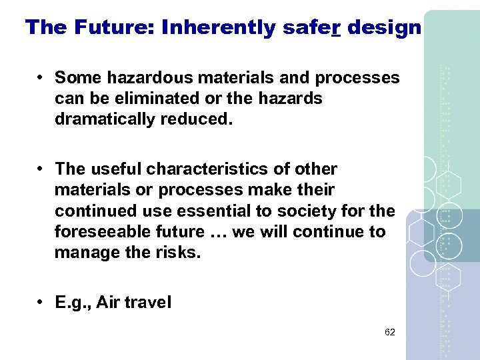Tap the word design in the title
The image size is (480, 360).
[385, 27]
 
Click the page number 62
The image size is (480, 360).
[390, 332]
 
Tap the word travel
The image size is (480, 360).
[147, 303]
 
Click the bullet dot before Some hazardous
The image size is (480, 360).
[41, 78]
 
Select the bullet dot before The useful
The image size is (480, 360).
[41, 169]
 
